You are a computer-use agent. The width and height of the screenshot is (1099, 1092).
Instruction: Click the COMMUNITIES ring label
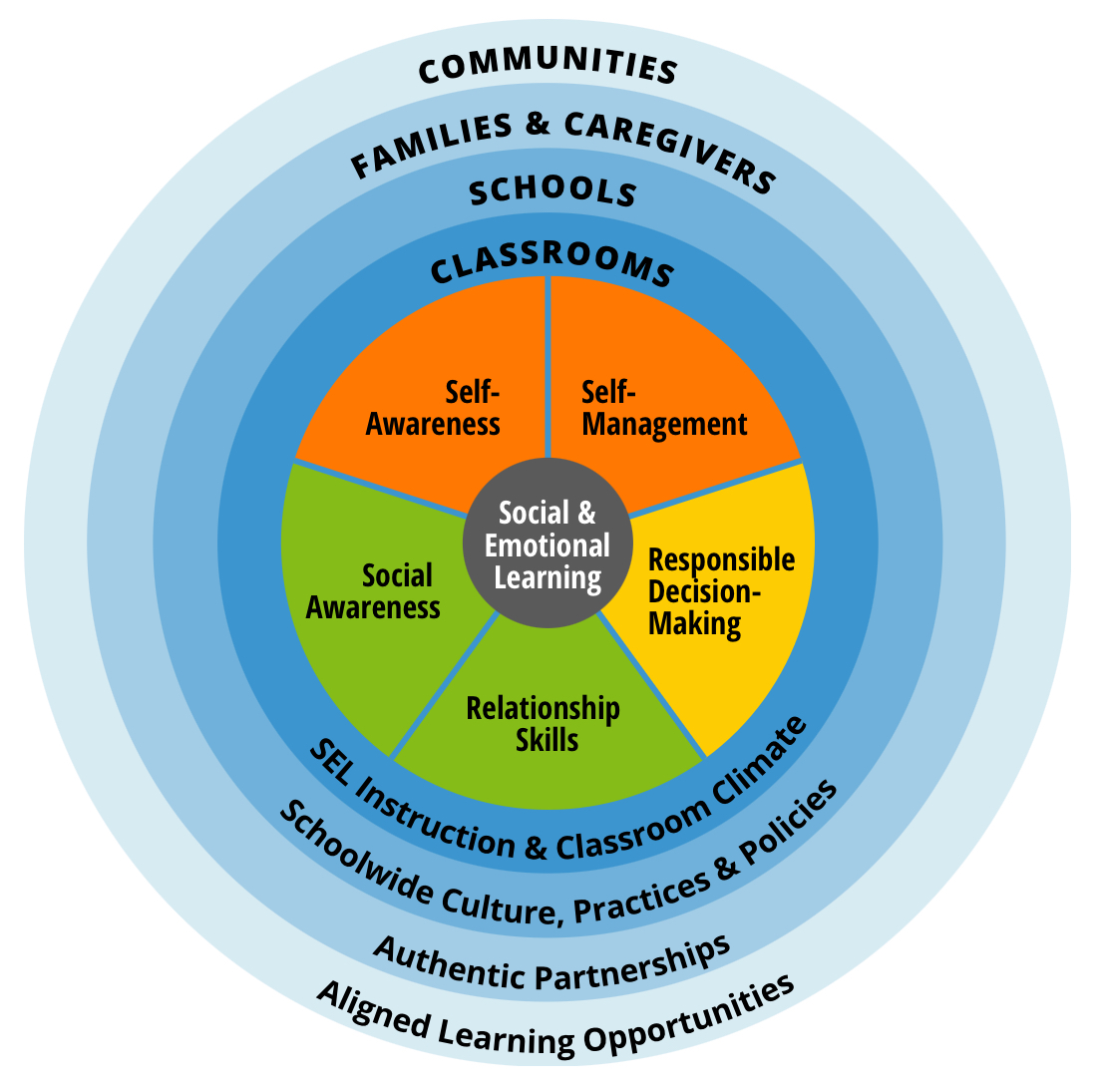[x=548, y=68]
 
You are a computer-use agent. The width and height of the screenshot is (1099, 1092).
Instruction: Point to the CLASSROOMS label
[x=551, y=264]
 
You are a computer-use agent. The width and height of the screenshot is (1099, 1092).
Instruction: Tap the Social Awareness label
[x=374, y=590]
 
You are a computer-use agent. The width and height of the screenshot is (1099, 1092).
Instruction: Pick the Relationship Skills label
[x=544, y=724]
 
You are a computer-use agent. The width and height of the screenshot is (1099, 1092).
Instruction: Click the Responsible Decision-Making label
[x=720, y=590]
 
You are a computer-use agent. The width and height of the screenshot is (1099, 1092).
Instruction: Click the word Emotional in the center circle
[x=548, y=546]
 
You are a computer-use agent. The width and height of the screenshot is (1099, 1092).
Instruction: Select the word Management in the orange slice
[x=664, y=424]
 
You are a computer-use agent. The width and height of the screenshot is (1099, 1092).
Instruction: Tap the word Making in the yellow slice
[x=695, y=624]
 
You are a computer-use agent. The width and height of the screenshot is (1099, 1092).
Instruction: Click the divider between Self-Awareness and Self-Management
[x=548, y=369]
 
